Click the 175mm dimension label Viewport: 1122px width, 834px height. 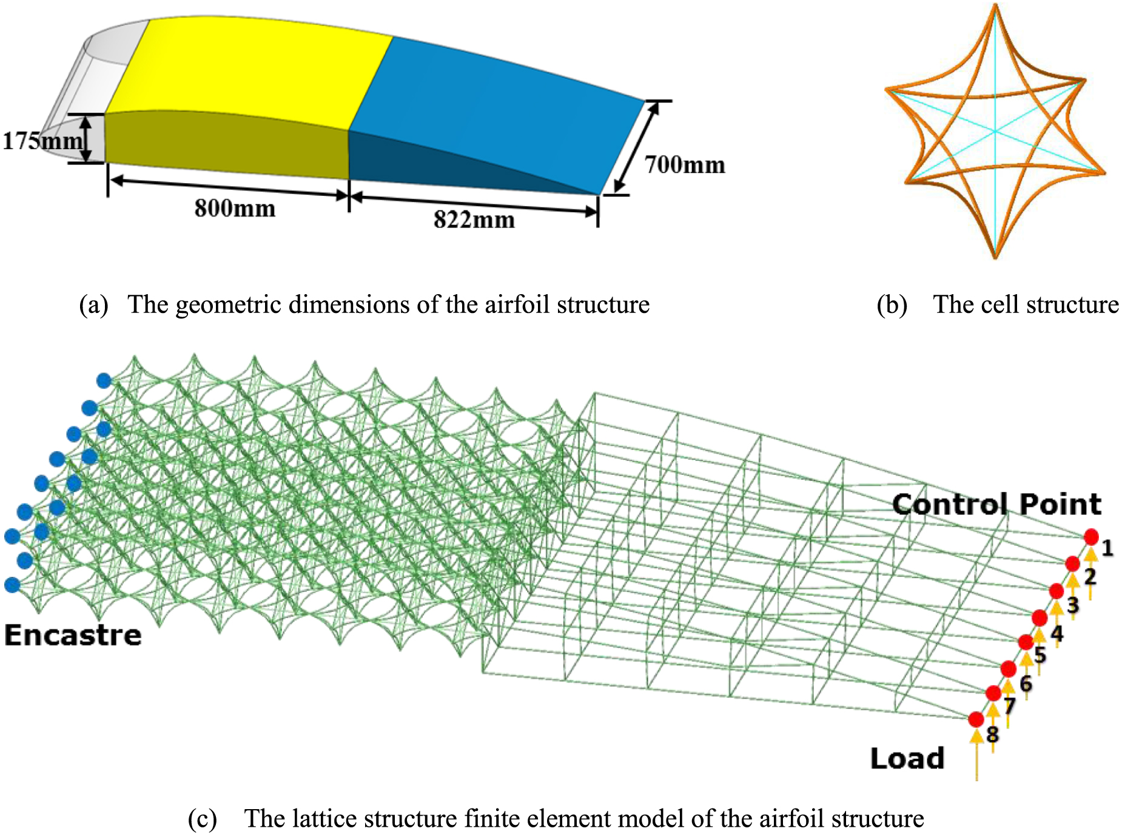pos(42,141)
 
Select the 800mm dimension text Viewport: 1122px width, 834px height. pos(235,208)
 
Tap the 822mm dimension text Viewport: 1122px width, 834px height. pos(474,219)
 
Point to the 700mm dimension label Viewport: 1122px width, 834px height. pos(685,164)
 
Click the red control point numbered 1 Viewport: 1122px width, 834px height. pos(1091,537)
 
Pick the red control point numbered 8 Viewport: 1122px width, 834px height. pos(976,719)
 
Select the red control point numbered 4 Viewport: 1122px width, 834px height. pos(1040,618)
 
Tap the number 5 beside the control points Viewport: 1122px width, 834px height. pos(1040,654)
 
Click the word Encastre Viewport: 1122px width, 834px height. pos(73,635)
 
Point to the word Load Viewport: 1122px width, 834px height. pos(907,758)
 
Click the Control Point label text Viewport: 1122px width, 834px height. pos(996,504)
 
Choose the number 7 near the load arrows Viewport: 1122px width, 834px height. pos(1009,705)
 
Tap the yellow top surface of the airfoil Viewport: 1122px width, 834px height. pos(249,73)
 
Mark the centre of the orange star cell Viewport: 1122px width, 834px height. pos(995,131)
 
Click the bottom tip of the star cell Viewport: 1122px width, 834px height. pos(995,256)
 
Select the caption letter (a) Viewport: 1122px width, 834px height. pos(93,304)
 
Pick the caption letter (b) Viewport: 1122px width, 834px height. pos(892,304)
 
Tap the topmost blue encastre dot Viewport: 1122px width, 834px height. pos(104,381)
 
